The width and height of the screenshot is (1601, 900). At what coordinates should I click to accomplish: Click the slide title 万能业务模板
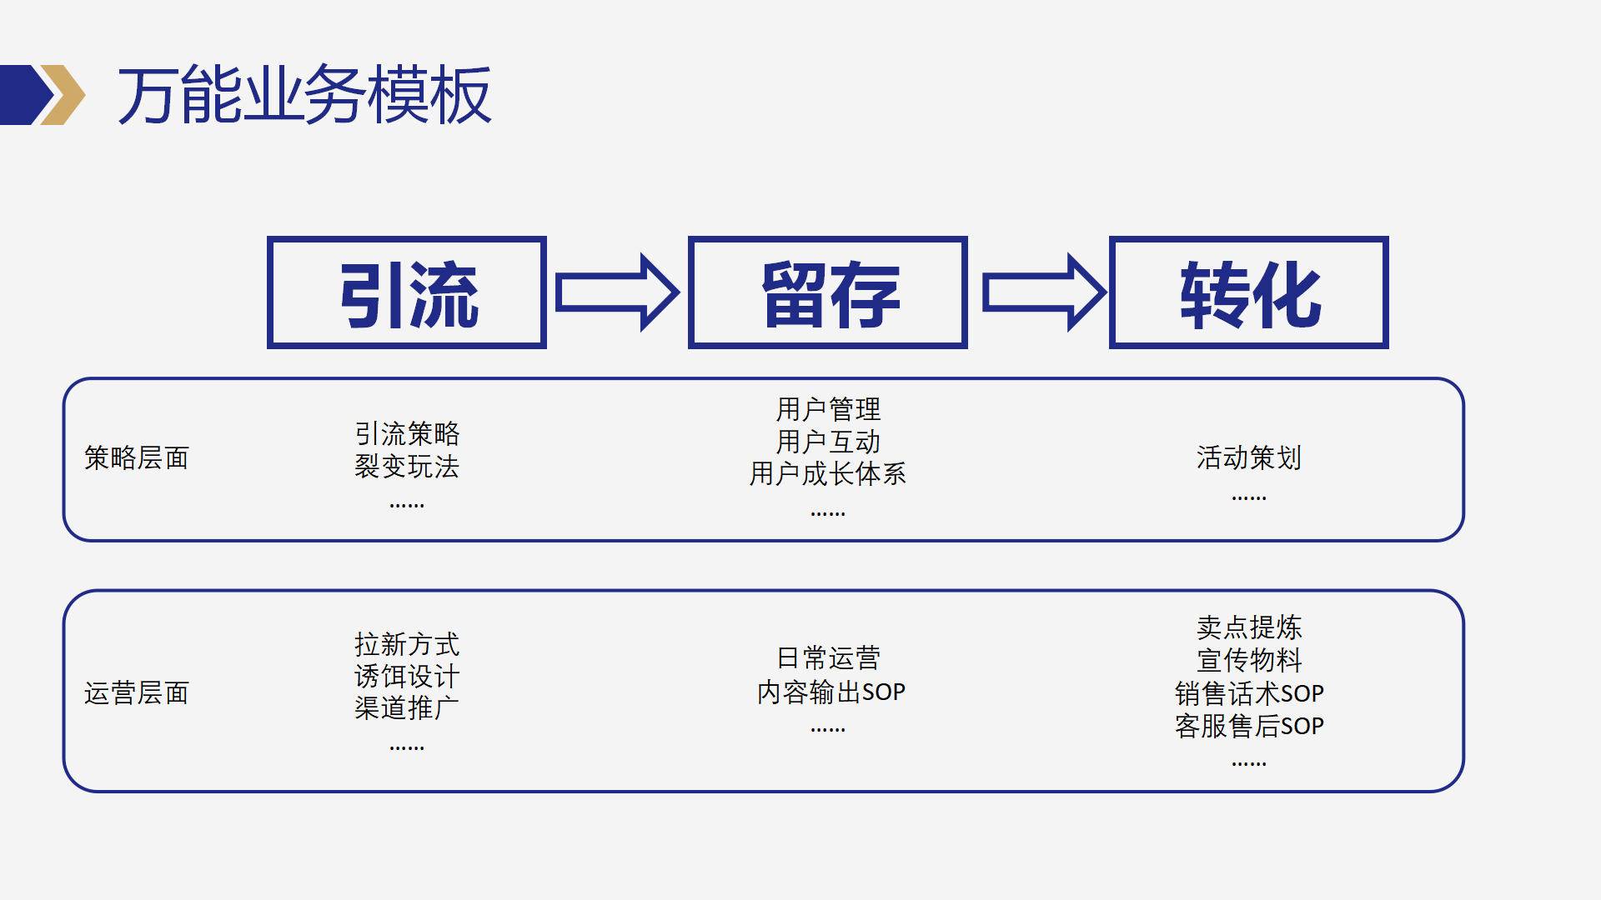[304, 95]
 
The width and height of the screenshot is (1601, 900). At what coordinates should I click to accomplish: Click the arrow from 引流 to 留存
[618, 292]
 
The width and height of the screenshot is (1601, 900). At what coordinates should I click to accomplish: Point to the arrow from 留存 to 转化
[1045, 292]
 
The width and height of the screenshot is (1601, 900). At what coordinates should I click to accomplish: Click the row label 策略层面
[137, 457]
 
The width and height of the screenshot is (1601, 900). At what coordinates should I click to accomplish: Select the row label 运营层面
[137, 692]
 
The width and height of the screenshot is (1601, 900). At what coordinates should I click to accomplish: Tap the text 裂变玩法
[407, 467]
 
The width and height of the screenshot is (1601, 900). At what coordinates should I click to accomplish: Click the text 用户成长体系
[828, 473]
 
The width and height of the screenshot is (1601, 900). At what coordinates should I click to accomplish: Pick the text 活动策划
[1249, 457]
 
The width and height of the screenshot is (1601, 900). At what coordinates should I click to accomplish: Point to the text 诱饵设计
[407, 676]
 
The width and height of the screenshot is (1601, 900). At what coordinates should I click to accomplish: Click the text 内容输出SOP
[831, 692]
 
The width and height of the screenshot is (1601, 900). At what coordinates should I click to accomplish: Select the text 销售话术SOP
[1249, 693]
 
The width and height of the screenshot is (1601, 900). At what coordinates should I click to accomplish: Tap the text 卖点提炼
[1249, 627]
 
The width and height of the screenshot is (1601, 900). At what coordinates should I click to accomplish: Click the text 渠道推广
[407, 708]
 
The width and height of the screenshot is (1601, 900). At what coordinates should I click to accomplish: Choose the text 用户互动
[828, 442]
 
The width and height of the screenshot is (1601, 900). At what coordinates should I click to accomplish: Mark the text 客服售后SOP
[1249, 726]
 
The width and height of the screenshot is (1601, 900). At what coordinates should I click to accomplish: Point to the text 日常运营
[828, 658]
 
